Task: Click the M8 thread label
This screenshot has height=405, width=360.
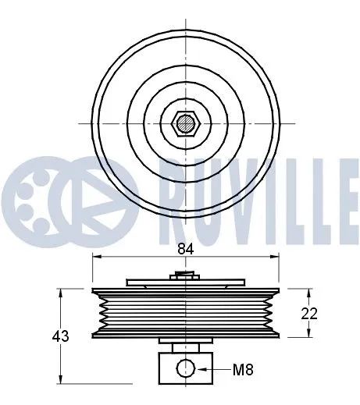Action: [x=244, y=368]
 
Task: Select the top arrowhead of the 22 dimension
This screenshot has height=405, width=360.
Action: [x=310, y=291]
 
